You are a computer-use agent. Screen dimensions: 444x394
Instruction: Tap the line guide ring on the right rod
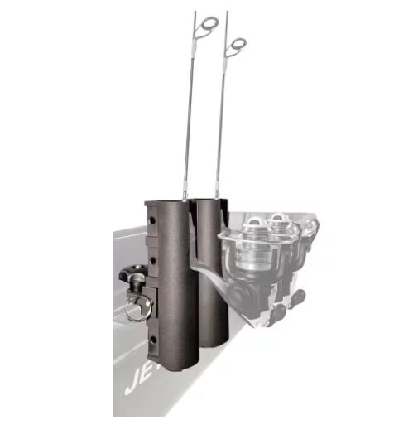tap(236, 46)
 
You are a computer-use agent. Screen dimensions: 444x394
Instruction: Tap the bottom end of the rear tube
tap(214, 341)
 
